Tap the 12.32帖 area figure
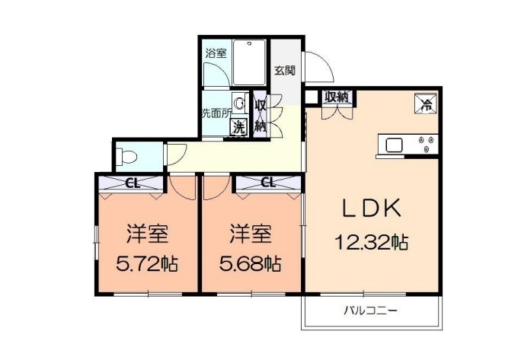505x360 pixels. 372,243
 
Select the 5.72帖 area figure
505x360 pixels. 147,264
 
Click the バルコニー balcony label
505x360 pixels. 371,311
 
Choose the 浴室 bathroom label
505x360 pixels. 216,54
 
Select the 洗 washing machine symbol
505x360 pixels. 239,128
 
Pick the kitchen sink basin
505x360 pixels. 395,144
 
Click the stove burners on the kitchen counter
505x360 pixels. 427,144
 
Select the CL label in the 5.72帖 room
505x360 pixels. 132,182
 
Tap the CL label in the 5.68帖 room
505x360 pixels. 267,182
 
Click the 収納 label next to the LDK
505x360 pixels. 336,97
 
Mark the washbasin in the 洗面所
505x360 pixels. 239,103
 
